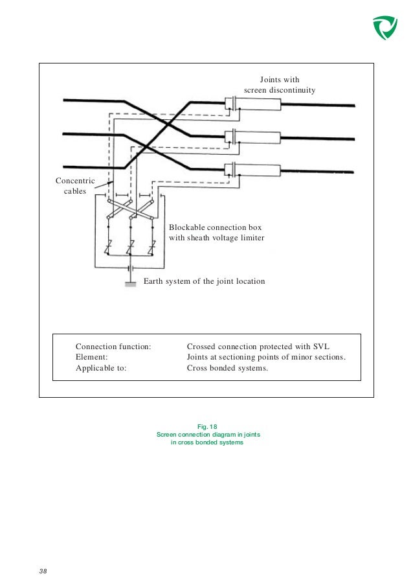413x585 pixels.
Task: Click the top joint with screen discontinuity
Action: (x=256, y=103)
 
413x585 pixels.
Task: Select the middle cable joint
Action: (x=256, y=137)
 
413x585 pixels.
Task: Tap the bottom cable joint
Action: (x=256, y=170)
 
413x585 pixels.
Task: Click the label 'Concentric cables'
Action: (x=74, y=186)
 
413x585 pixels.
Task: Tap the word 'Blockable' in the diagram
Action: (x=187, y=227)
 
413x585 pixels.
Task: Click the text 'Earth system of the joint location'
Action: (x=203, y=282)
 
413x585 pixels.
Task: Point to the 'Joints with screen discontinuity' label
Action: (x=280, y=85)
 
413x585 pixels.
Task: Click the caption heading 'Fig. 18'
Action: (x=206, y=426)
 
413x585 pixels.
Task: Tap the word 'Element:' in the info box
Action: (x=92, y=357)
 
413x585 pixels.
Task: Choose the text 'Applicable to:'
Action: (x=101, y=368)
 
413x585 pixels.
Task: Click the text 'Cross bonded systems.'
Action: (x=227, y=368)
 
